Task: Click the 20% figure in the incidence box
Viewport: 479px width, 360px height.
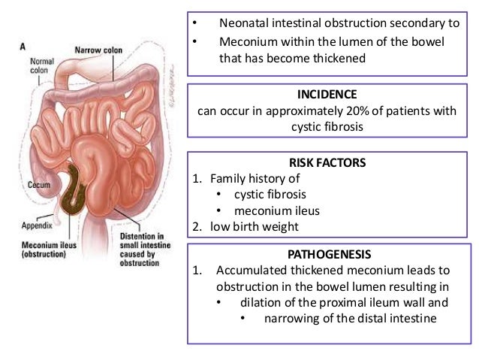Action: click(338, 112)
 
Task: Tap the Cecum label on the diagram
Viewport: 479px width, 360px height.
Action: click(40, 183)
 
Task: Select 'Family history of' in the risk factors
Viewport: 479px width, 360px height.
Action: click(255, 178)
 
